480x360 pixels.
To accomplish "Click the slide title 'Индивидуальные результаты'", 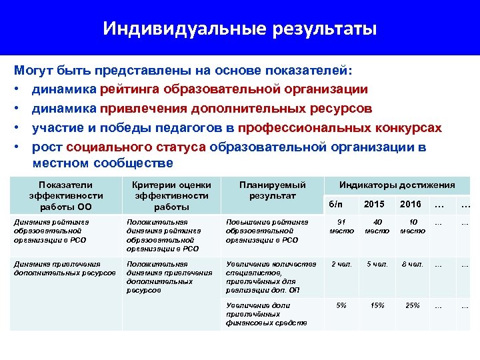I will [240, 29].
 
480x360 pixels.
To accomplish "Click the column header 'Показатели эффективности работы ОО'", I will [66, 196].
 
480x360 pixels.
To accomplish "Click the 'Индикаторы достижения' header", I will [397, 185].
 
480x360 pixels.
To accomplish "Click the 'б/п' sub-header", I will [340, 204].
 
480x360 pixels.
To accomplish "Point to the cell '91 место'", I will [341, 227].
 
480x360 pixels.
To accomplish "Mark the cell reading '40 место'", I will [377, 227].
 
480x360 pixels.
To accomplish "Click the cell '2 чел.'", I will [341, 264].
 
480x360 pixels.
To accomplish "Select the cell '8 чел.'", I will [412, 264].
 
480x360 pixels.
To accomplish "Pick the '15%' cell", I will [377, 305].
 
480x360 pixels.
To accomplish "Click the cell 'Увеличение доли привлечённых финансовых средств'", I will [267, 314].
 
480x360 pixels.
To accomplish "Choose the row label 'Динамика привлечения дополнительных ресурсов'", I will [65, 268].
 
